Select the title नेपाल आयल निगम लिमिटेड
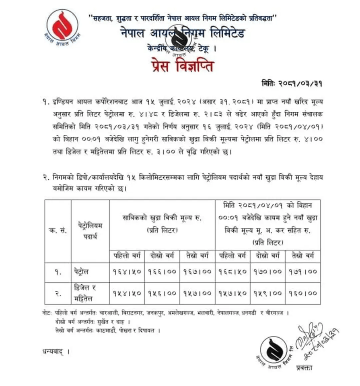pos(182,34)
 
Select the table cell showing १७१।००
pos(302,272)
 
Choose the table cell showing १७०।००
pos(267,272)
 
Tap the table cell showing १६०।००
pos(302,293)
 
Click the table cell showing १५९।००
pos(267,293)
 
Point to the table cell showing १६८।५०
pos(232,272)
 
